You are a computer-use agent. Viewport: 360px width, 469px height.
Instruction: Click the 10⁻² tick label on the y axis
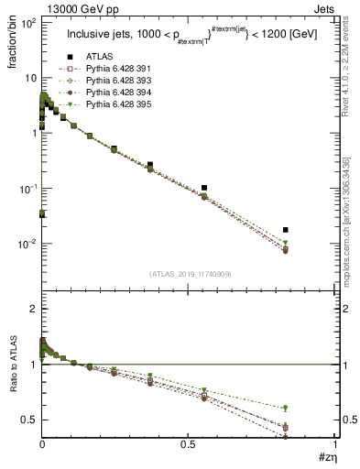(x=27, y=244)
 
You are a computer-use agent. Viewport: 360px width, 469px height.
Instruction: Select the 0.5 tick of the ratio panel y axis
(x=28, y=420)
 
